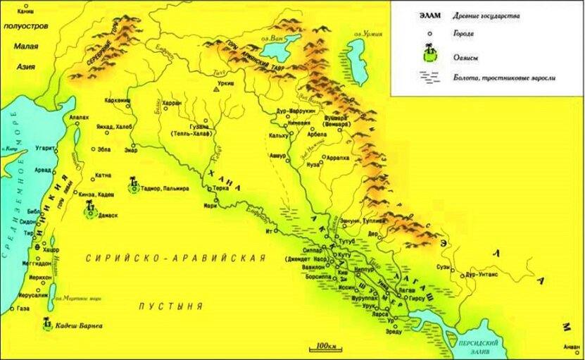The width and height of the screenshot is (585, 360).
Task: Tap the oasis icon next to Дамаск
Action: click(89, 208)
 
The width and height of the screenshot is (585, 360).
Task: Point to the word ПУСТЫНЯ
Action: click(170, 306)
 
